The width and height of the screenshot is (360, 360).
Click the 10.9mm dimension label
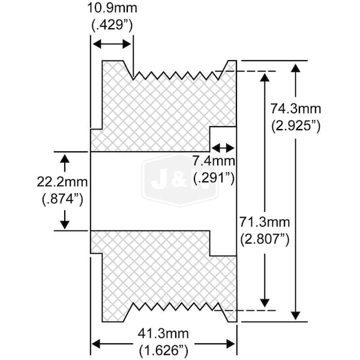pyautogui.click(x=112, y=8)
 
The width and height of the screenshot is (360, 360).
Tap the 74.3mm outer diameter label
pyautogui.click(x=295, y=109)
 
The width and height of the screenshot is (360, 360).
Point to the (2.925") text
pyautogui.click(x=296, y=125)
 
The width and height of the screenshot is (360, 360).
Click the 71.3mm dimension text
pyautogui.click(x=265, y=222)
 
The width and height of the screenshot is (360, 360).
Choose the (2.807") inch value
pyautogui.click(x=265, y=239)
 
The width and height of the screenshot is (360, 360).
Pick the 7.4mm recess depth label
pyautogui.click(x=214, y=161)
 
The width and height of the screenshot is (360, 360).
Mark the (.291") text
pyautogui.click(x=214, y=178)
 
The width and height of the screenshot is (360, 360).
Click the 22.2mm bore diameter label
pyautogui.click(x=62, y=182)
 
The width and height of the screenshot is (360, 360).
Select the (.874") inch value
pyautogui.click(x=62, y=199)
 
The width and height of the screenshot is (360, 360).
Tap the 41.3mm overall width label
pyautogui.click(x=163, y=334)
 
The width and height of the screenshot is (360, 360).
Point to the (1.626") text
pyautogui.click(x=163, y=350)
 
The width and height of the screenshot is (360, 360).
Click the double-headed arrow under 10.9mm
pyautogui.click(x=112, y=44)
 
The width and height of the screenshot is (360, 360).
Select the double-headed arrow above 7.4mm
pyautogui.click(x=223, y=148)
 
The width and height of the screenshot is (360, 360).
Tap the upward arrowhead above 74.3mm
pyautogui.click(x=296, y=69)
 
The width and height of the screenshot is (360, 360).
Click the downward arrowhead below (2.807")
pyautogui.click(x=265, y=302)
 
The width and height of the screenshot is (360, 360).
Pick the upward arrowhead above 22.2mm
pyautogui.click(x=65, y=159)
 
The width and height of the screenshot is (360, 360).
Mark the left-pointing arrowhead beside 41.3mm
pyautogui.click(x=97, y=344)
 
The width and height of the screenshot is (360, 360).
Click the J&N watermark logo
pyautogui.click(x=180, y=180)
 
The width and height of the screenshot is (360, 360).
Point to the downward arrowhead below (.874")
pyautogui.click(x=65, y=224)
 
